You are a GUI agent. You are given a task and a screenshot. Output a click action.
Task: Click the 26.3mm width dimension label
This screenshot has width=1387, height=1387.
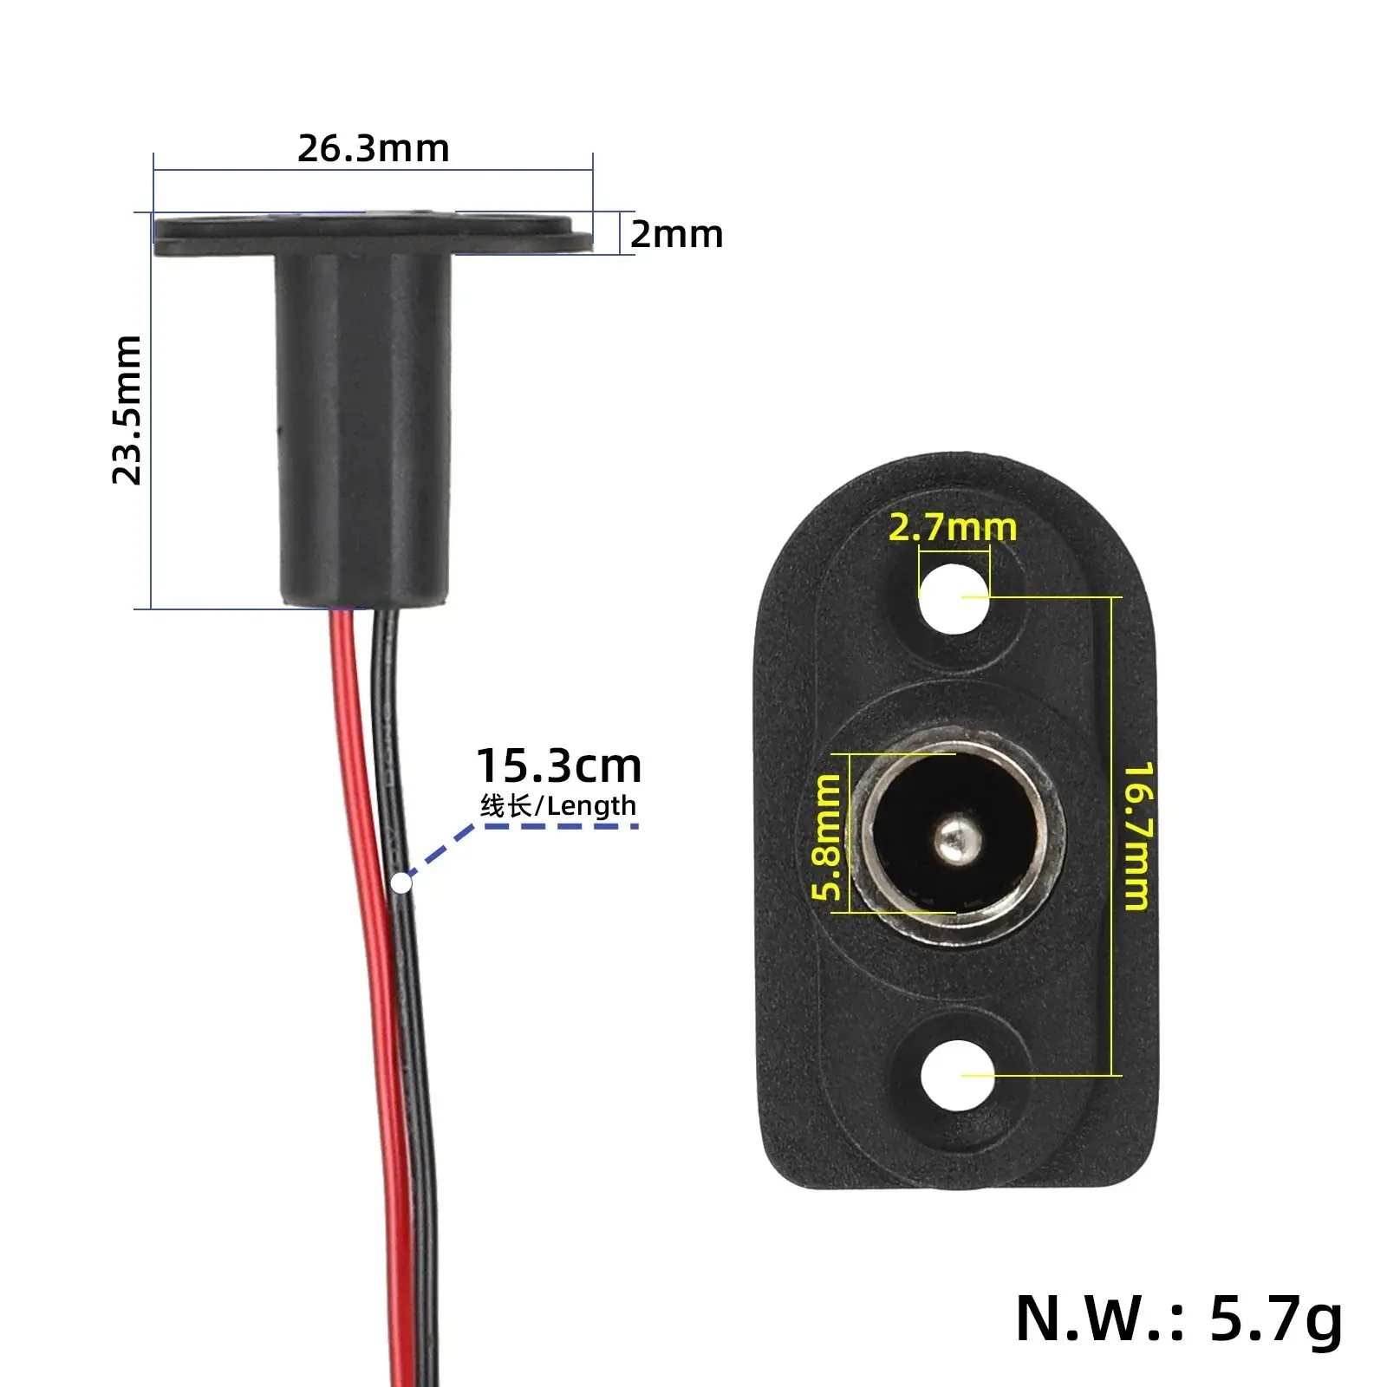pos(374,148)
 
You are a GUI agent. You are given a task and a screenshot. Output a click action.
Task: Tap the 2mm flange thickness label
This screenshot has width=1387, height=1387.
pos(676,235)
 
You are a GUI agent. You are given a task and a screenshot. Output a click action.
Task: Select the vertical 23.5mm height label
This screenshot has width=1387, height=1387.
pos(127,409)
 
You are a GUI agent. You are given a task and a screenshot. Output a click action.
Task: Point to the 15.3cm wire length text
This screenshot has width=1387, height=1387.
pos(559,766)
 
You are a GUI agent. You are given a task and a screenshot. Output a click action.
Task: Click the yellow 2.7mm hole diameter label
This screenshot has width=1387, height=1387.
pos(953,527)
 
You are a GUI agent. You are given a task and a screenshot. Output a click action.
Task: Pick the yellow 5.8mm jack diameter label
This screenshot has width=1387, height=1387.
pos(826,837)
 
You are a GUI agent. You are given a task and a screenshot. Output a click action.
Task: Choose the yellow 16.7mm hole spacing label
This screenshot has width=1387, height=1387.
pos(1138,837)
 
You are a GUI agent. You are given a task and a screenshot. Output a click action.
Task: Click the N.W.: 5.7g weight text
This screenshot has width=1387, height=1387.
pos(1179,1319)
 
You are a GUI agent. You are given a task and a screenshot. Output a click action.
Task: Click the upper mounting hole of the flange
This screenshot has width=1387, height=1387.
pos(954,598)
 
